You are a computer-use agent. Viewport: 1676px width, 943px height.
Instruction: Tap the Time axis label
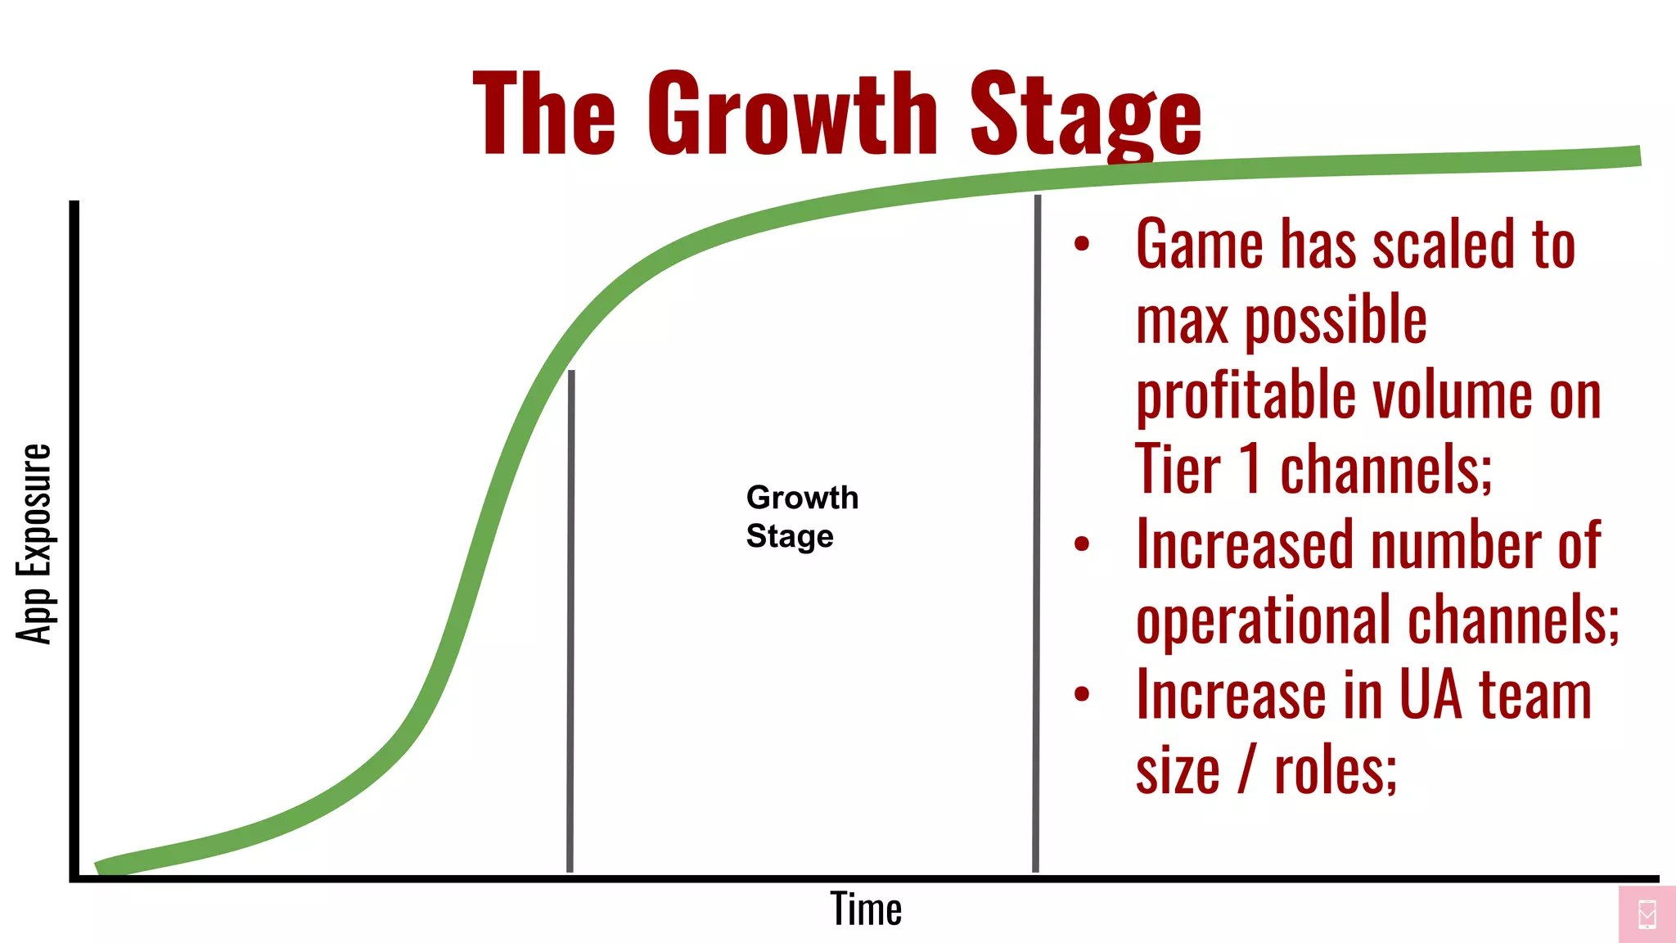[x=866, y=909]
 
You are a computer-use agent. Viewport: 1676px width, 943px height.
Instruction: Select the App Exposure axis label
[x=34, y=544]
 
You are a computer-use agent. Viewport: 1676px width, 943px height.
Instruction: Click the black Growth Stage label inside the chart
[x=801, y=517]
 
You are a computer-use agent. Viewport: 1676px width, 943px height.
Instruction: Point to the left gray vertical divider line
[x=570, y=622]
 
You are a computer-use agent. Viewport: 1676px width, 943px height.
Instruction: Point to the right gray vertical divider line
[x=1037, y=532]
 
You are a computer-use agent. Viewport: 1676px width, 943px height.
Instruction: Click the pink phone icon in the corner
[x=1647, y=914]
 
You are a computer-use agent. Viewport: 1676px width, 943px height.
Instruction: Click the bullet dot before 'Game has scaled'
[x=1082, y=243]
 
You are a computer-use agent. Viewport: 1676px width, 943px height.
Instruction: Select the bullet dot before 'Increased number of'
[x=1082, y=544]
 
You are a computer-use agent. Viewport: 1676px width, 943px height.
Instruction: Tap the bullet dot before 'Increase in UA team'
[x=1082, y=694]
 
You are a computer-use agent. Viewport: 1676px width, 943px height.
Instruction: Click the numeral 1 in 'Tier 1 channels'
[x=1250, y=468]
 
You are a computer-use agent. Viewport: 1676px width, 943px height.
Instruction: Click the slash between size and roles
[x=1246, y=769]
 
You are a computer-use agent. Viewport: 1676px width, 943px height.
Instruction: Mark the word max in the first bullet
[x=1182, y=321]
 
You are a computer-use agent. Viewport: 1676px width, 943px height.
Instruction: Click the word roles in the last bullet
[x=1335, y=771]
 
